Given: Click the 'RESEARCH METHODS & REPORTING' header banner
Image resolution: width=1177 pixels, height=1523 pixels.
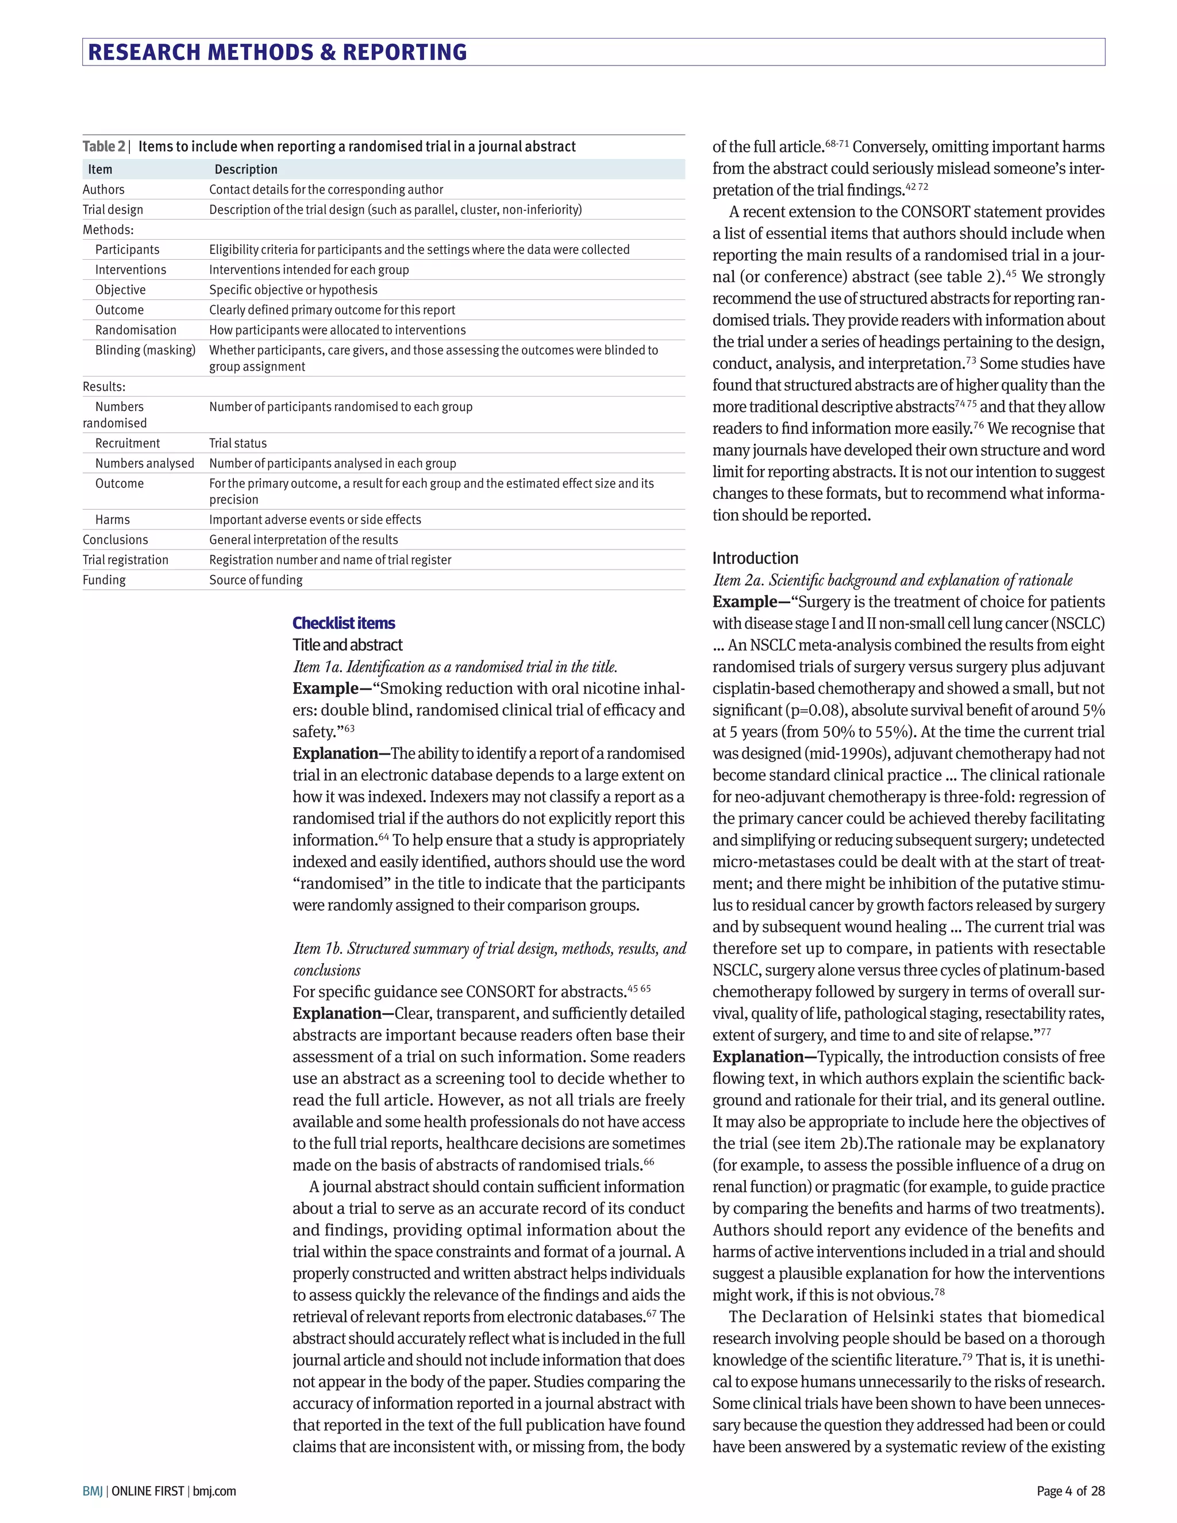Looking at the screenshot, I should click(x=278, y=52).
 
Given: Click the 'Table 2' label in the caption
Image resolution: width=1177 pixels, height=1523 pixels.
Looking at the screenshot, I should click(x=103, y=147).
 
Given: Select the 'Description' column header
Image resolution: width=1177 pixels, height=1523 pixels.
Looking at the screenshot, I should click(x=245, y=170).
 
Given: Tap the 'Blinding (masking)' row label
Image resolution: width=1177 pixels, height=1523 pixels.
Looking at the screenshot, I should click(x=145, y=350).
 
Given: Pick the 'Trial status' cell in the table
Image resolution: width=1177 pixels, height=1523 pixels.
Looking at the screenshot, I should click(x=238, y=444).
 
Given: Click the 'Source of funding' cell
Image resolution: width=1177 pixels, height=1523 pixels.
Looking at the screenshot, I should click(x=255, y=580).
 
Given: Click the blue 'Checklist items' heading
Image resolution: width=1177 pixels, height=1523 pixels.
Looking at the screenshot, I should click(x=343, y=624).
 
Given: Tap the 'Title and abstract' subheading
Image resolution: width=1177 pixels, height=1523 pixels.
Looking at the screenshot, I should click(x=347, y=645).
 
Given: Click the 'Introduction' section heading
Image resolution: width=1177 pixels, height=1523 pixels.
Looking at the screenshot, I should click(x=755, y=559).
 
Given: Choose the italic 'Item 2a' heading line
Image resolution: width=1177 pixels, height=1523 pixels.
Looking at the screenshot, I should click(x=892, y=580).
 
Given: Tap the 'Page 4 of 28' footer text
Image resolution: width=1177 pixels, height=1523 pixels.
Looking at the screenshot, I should click(x=1070, y=1491).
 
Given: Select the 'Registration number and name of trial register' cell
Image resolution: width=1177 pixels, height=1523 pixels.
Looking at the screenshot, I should click(x=330, y=560).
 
